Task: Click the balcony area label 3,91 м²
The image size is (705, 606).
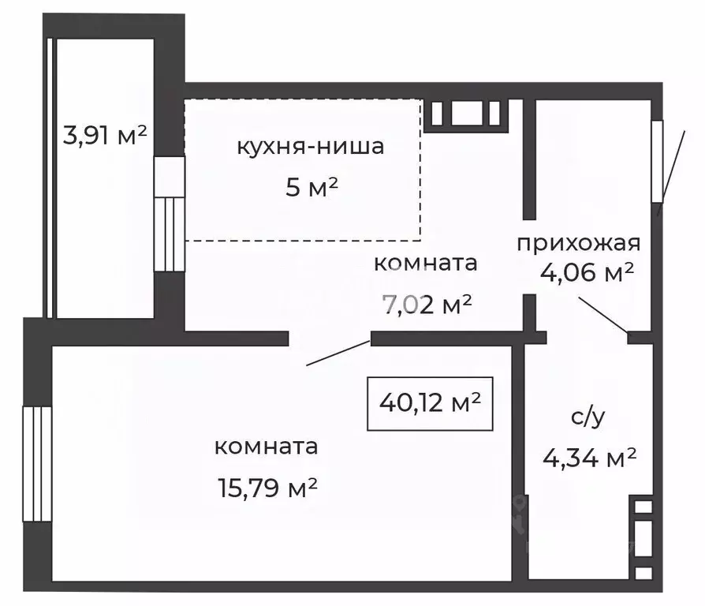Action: click(x=105, y=136)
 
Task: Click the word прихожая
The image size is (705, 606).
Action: click(x=579, y=242)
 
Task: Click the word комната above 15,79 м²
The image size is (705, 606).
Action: click(x=267, y=447)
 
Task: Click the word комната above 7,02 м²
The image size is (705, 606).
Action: click(x=426, y=263)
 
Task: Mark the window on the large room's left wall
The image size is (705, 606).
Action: click(x=36, y=464)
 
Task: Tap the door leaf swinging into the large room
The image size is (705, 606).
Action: click(x=338, y=353)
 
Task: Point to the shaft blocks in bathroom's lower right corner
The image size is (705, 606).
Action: click(x=643, y=536)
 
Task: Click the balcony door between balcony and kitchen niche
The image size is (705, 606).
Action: click(x=169, y=214)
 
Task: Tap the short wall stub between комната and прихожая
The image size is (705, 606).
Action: click(x=530, y=312)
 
